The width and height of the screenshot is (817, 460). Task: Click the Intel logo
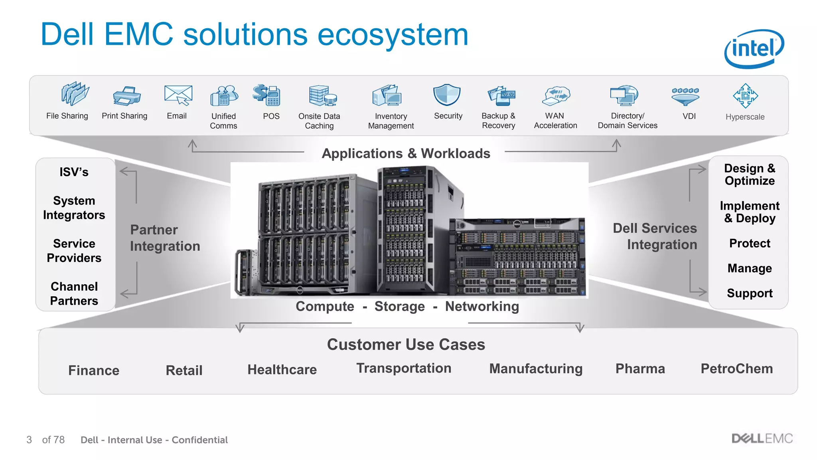coord(754,49)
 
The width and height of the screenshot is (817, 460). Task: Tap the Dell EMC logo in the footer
coord(762,438)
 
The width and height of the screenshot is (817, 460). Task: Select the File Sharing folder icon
coord(75,94)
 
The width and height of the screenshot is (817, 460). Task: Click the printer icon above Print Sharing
coord(126,96)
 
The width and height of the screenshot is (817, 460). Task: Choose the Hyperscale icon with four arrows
coord(745,96)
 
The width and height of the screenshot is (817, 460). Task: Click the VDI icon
coord(685,96)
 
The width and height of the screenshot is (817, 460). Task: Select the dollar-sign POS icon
coord(266,95)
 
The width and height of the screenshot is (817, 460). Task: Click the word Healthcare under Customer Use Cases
coord(282,369)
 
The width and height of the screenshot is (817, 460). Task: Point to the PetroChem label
coord(736,369)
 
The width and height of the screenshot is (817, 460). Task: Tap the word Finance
coord(94,370)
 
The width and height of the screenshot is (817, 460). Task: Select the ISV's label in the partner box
coord(74,172)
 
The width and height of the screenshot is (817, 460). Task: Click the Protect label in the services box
coord(750,243)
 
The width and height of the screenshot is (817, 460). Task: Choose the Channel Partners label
coord(74,293)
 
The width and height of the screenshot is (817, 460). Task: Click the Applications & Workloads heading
coord(406,153)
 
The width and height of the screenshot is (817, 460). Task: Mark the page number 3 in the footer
coord(29,440)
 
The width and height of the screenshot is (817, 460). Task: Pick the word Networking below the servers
coord(482,306)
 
